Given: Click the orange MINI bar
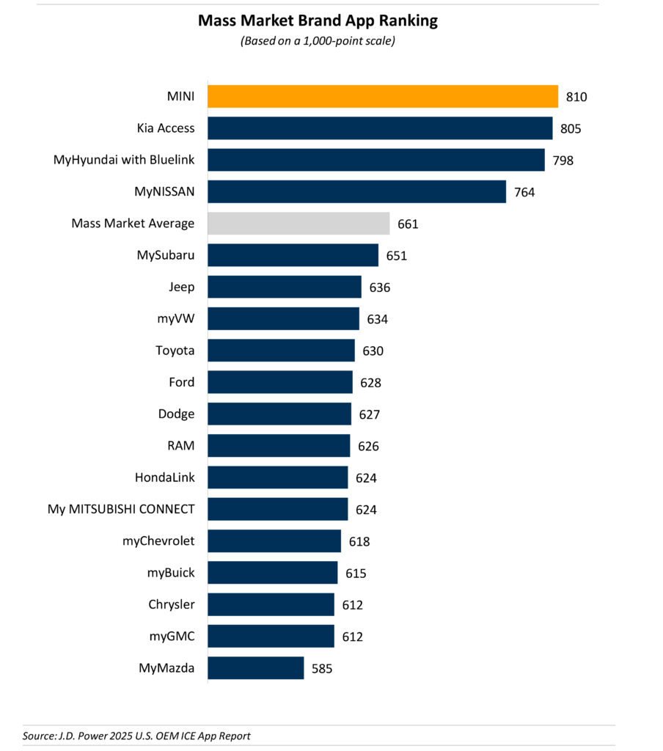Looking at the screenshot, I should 383,96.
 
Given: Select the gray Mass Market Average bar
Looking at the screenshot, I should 298,224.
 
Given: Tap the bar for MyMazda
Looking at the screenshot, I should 256,668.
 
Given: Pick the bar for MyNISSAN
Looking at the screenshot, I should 357,192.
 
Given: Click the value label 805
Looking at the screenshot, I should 570,129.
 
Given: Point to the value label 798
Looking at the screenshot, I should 563,161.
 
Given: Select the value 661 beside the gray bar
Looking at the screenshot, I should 407,224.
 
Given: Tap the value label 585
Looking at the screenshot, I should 321,669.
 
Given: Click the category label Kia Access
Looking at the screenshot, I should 166,128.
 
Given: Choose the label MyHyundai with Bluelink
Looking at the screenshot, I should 124,160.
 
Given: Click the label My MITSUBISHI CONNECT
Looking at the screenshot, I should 121,509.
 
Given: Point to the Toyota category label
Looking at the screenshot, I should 175,351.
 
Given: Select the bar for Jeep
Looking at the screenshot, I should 285,287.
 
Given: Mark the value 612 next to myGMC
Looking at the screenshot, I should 352,637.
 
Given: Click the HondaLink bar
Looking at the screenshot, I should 278,477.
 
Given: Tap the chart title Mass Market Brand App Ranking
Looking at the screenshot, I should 318,21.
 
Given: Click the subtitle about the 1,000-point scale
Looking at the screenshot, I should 318,41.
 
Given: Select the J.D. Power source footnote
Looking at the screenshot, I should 136,736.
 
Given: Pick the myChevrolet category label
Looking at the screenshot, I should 158,541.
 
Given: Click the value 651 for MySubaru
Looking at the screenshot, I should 396,256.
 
